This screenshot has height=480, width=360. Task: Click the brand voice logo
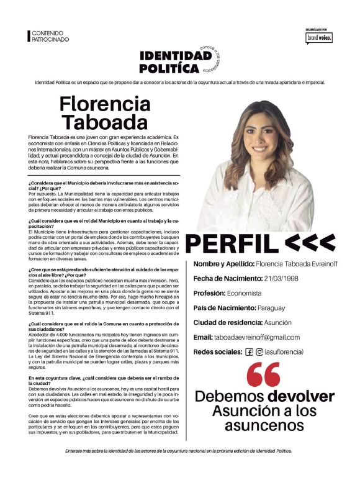click(x=318, y=37)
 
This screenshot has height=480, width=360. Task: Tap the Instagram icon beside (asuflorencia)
click(x=259, y=352)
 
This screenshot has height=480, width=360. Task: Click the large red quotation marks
click(x=263, y=374)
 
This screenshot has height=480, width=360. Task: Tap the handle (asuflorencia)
click(x=284, y=352)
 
